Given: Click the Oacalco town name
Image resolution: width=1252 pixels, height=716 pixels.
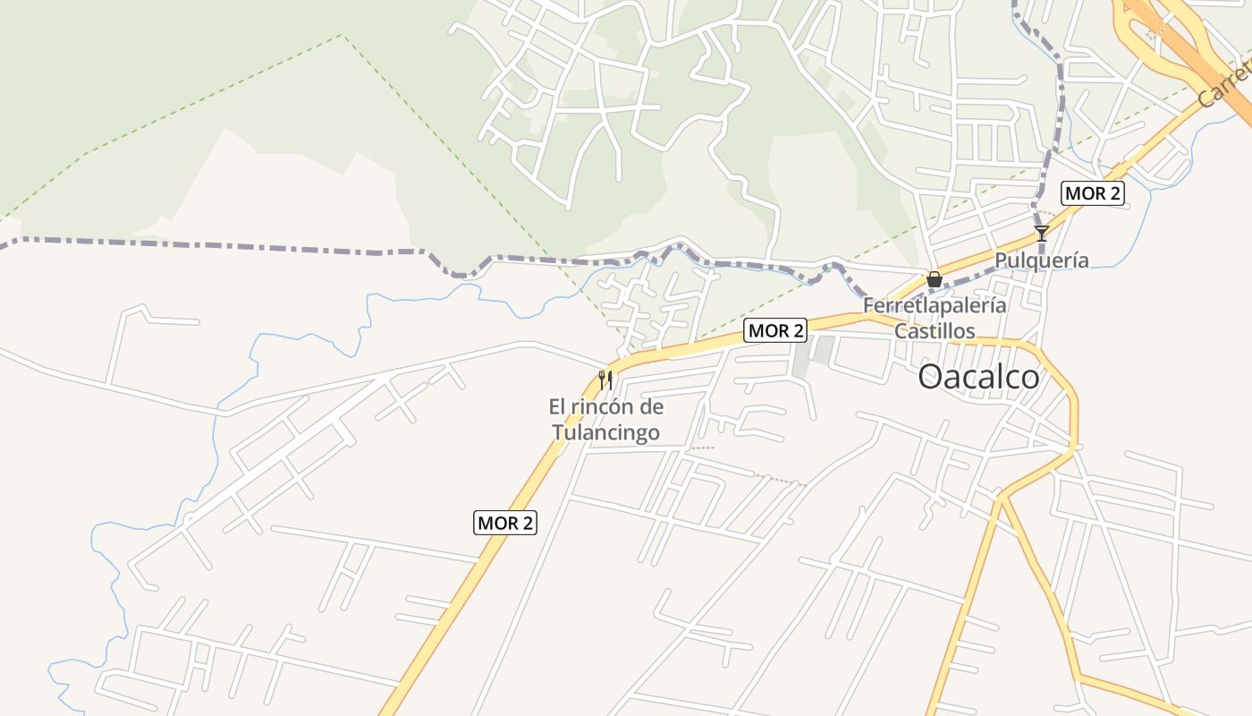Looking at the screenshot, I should [979, 377].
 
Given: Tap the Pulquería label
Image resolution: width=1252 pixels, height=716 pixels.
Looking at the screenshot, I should [1042, 260].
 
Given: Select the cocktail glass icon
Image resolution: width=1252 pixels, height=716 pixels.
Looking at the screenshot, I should [1041, 234].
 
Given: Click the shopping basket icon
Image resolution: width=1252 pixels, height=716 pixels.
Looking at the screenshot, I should [935, 279].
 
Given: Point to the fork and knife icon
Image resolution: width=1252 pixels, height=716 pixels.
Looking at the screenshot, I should [605, 380].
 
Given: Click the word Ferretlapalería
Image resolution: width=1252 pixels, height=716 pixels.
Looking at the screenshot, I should [935, 305].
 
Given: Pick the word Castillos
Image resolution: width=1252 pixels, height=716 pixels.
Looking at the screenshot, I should [935, 330].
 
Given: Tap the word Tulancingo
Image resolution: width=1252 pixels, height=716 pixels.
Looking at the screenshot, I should [605, 433].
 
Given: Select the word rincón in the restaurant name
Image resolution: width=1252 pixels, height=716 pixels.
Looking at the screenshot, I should [606, 407].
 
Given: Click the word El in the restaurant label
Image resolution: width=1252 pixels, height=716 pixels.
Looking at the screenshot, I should [557, 407].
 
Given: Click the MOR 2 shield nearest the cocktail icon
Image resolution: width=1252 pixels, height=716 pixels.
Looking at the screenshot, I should [1092, 193].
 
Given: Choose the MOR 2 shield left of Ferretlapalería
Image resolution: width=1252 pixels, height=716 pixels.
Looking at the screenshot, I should [775, 330].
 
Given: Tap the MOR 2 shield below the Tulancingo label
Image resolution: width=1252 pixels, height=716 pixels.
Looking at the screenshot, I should [505, 523].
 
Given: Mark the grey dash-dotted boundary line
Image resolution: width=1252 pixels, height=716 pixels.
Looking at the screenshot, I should [224, 245].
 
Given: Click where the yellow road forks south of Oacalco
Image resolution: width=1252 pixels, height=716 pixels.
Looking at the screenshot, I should [1002, 496].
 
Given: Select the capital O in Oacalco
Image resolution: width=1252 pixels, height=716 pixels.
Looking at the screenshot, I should [931, 377].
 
